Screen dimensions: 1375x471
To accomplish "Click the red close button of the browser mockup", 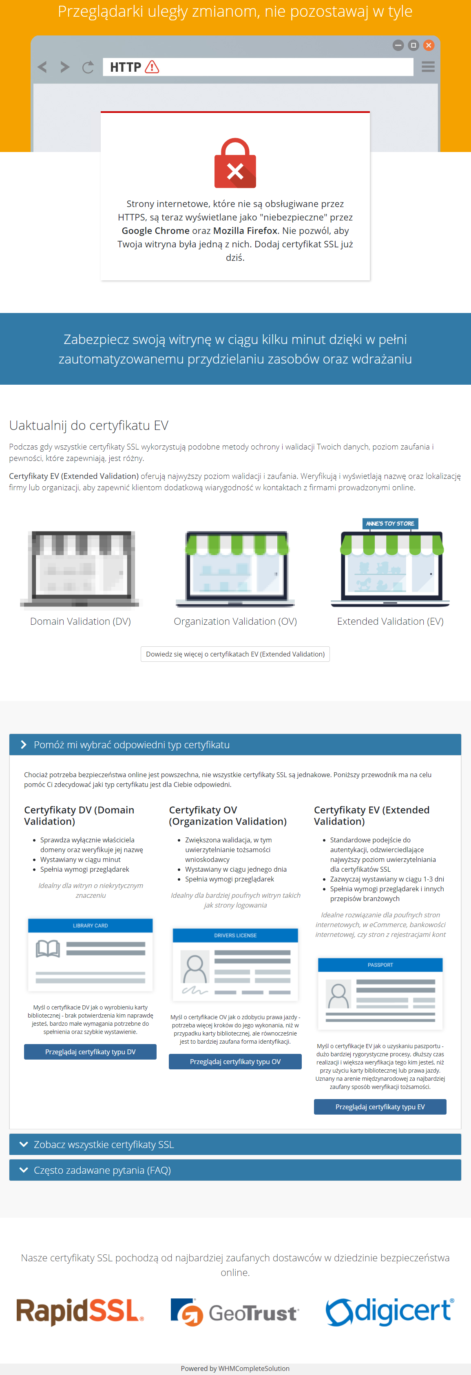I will [x=428, y=45].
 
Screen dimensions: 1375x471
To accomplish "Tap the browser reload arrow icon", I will [x=88, y=67].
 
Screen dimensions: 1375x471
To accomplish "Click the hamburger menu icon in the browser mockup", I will [x=428, y=67].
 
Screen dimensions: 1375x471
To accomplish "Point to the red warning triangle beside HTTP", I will [x=152, y=67].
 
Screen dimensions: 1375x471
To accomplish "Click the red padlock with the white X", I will [x=235, y=164].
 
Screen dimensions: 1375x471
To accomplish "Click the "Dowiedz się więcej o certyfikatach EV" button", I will [x=235, y=654].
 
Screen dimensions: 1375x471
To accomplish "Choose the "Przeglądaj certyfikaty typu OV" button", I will [x=235, y=1062].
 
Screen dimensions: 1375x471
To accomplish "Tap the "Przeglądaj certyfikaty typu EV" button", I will [x=380, y=1106].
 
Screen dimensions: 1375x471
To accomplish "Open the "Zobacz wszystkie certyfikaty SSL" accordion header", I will [x=235, y=1144].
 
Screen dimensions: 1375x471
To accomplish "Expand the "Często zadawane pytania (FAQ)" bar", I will [x=235, y=1170].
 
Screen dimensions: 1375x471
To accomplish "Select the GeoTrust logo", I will [x=235, y=1312].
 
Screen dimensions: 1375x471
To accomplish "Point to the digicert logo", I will [x=390, y=1311].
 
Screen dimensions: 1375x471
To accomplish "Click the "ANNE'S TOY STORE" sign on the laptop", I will [x=390, y=524].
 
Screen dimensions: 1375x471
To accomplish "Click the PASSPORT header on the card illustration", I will [x=380, y=965].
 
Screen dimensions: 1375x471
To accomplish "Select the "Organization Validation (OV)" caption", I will [x=235, y=621].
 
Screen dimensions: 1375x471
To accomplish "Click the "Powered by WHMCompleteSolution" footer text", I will [x=235, y=1368].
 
